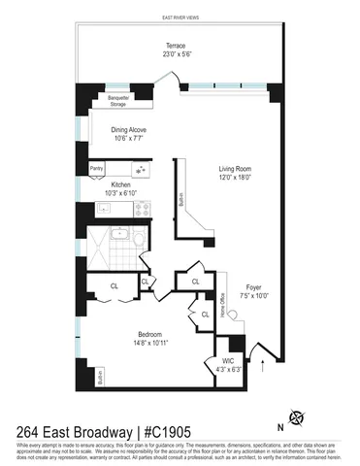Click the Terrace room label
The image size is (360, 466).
click(176, 46)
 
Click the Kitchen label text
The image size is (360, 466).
click(120, 184)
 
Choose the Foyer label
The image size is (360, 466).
click(254, 287)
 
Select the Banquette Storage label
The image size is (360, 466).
click(119, 98)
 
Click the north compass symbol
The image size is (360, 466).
click(296, 417)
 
